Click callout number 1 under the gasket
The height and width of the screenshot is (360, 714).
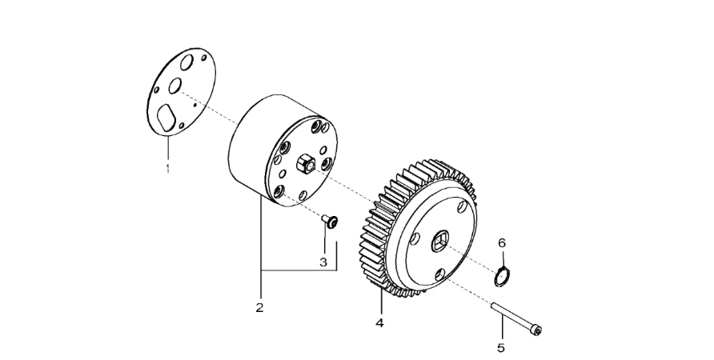pos(168,168)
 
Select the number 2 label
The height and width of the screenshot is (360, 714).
pos(260,307)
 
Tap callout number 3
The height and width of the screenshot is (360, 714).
pos(323,262)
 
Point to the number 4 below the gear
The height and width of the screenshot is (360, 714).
pos(380,323)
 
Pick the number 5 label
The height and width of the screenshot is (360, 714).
pos(502,347)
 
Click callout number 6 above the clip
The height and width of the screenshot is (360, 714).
pos(502,242)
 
